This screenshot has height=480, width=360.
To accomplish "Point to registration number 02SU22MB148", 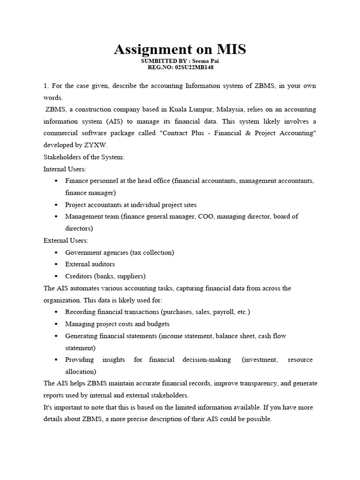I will (195, 67).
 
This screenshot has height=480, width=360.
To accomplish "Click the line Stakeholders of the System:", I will (84, 157).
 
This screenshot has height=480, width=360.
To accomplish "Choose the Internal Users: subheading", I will (65, 169).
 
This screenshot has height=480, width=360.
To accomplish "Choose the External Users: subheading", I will (66, 240).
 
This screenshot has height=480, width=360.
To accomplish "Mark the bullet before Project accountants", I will (56, 205).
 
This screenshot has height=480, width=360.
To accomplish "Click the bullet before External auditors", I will (56, 264).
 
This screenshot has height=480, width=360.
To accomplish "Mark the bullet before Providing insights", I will (56, 360).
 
